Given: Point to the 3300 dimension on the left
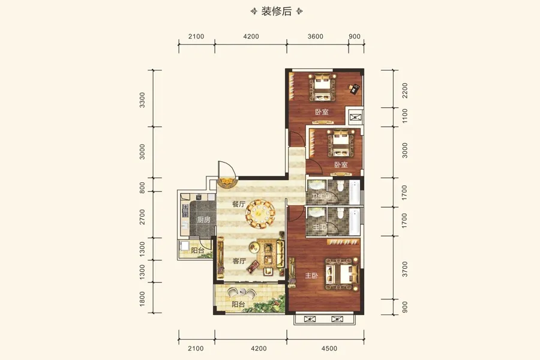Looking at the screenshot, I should click(x=142, y=100).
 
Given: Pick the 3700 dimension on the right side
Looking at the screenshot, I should click(x=404, y=268).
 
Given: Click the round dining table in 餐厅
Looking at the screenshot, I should click(x=262, y=212).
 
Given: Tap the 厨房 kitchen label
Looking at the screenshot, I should click(x=203, y=220).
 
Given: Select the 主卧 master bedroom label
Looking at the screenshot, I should click(x=311, y=276).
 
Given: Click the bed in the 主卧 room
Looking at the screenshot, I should click(x=340, y=273).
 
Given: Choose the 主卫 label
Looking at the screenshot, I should click(x=319, y=227).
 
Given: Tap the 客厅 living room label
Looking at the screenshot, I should click(x=239, y=262).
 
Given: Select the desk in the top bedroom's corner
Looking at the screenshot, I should click(x=355, y=89).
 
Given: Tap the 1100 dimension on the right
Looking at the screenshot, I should click(x=404, y=116).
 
